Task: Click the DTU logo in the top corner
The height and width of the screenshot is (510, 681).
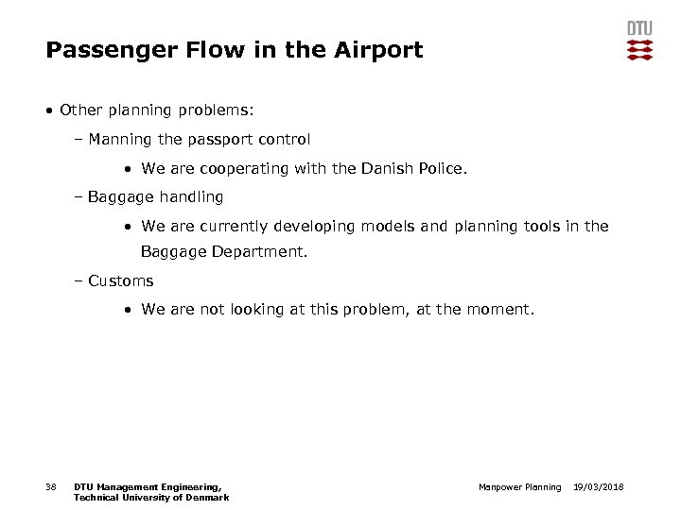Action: (x=639, y=41)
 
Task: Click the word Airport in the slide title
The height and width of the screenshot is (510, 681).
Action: (x=378, y=50)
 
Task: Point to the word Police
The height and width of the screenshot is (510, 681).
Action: (x=438, y=169)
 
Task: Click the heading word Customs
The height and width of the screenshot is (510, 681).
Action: (x=120, y=280)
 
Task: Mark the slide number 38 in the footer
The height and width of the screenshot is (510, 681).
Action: (x=51, y=487)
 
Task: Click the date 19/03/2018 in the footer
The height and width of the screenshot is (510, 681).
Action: (x=600, y=487)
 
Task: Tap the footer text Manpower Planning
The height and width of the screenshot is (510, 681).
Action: (x=519, y=487)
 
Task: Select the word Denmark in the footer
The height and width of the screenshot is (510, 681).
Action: (x=207, y=498)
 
